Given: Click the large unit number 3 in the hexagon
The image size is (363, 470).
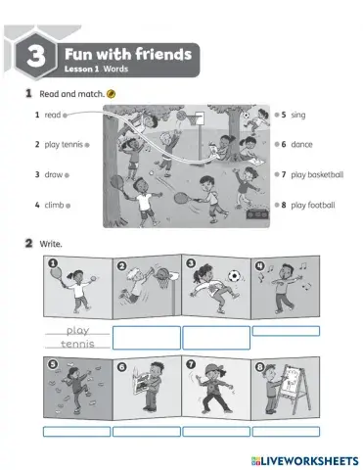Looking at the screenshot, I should click(33, 60).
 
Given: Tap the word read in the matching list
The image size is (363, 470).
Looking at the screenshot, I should click(53, 116).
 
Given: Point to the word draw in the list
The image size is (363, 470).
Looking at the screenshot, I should click(54, 175).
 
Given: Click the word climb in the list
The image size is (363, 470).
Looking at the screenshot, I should click(55, 206).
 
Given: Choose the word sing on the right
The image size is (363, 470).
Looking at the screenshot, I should click(298, 116).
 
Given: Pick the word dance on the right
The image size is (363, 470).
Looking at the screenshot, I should click(302, 144).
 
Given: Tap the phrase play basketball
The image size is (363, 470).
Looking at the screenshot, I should click(317, 175).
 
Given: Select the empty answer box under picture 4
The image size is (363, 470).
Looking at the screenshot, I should click(286, 331).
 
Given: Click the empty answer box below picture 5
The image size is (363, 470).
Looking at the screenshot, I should click(76, 431).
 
